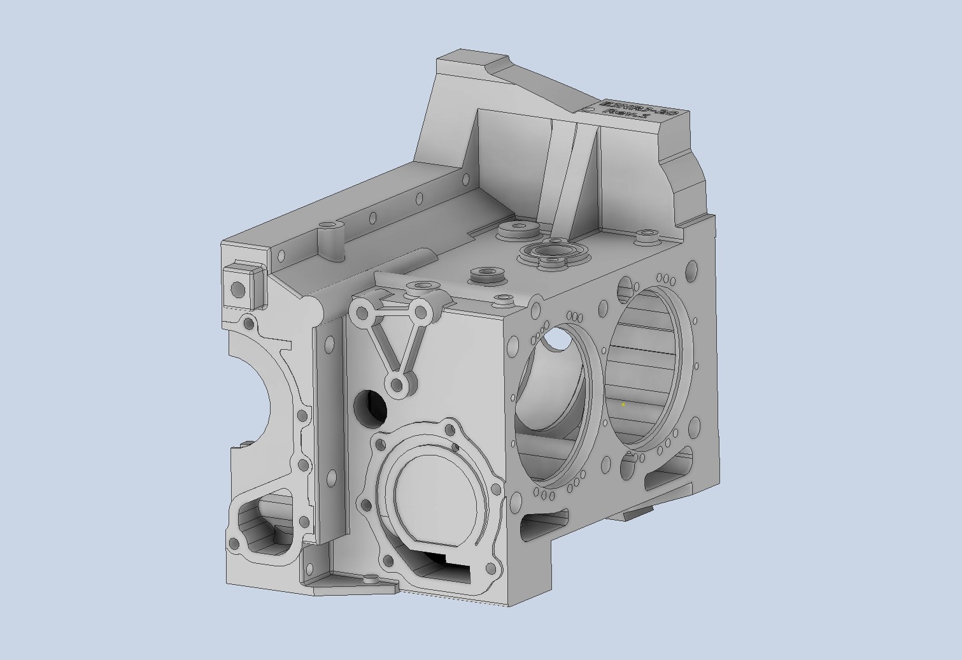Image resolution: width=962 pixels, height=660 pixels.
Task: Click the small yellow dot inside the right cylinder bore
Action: pyautogui.click(x=623, y=404)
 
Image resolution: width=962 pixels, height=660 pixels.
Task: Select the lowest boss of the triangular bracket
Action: pyautogui.click(x=397, y=384)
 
